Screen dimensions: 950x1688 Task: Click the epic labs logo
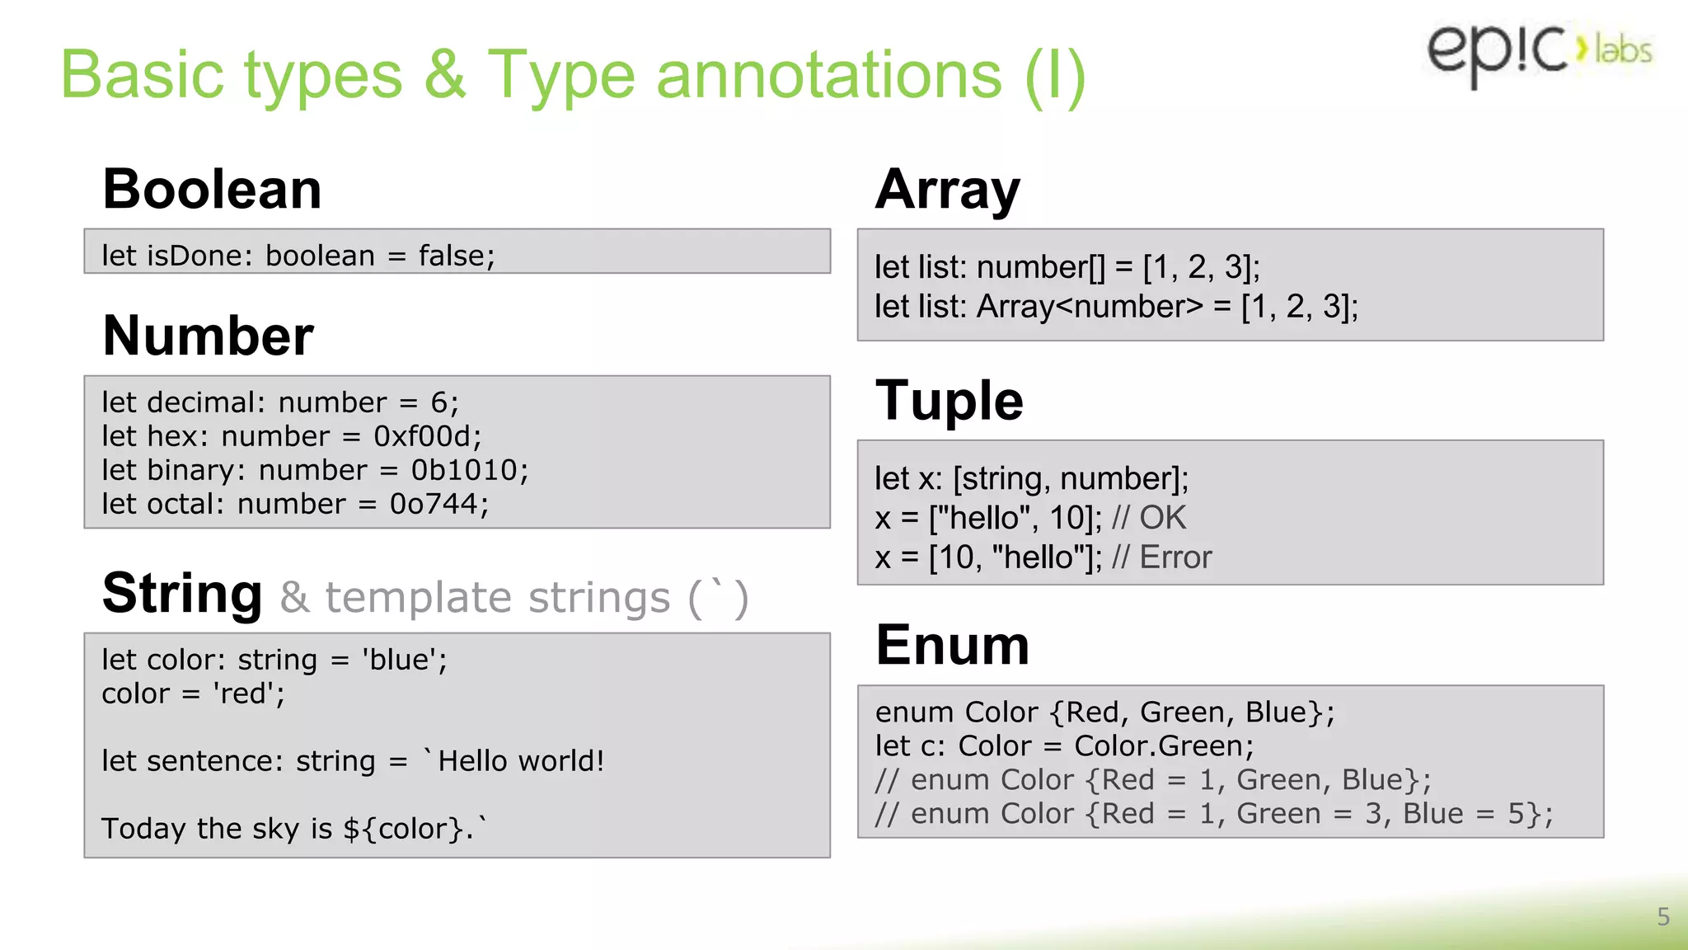pos(1538,51)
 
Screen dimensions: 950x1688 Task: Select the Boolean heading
pos(212,189)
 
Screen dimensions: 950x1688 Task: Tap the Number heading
pos(208,336)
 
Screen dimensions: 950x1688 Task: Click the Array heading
pos(948,190)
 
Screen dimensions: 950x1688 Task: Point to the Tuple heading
pos(949,401)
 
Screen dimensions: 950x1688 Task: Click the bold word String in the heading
pos(182,594)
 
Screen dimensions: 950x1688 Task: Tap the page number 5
pos(1663,917)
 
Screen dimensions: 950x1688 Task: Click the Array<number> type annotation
pos(1090,307)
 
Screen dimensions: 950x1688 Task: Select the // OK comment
pos(1148,518)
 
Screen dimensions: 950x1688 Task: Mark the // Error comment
pos(1161,557)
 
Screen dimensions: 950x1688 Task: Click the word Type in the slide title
pos(561,76)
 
